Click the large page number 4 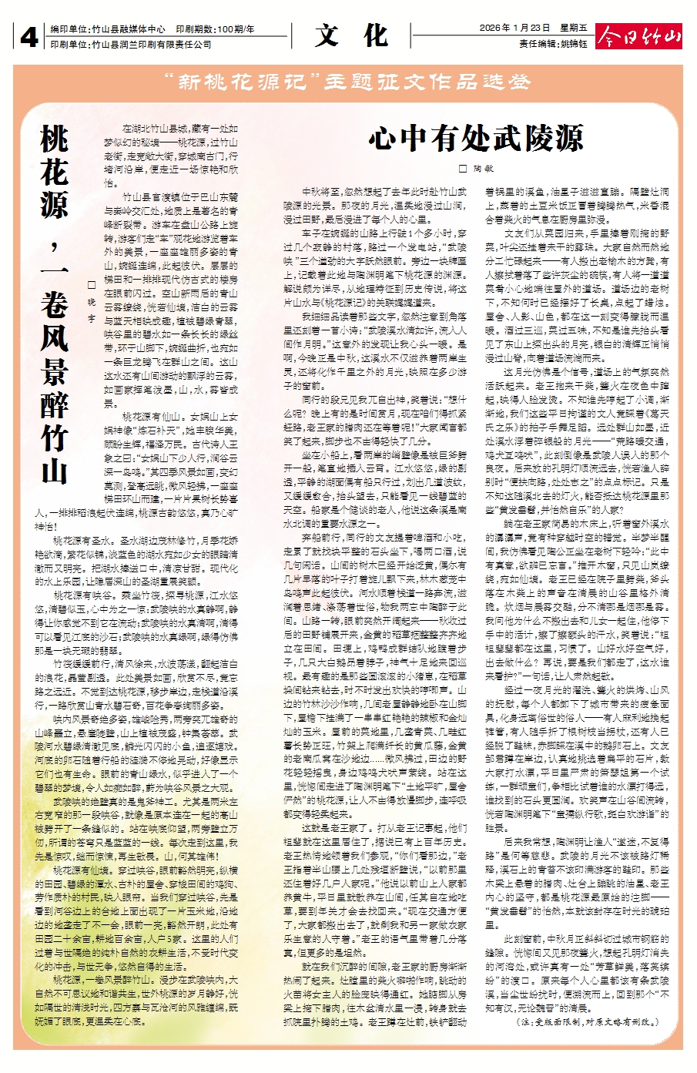click(x=29, y=36)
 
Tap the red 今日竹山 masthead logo click(x=638, y=35)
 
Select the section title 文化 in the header click(x=350, y=35)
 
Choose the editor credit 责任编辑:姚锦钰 click(x=552, y=44)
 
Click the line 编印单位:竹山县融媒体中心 click(x=102, y=29)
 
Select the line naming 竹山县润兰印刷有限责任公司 click(x=131, y=44)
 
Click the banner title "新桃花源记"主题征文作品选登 click(x=349, y=81)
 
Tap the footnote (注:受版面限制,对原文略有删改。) click(x=589, y=1022)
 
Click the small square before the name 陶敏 click(x=463, y=168)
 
